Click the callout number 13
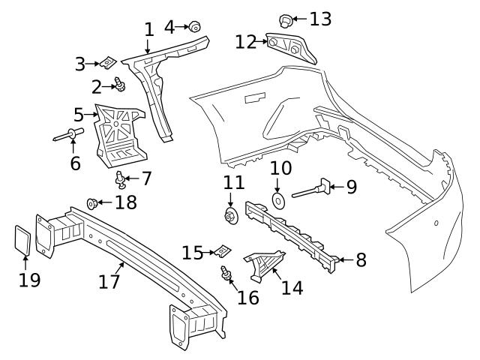tap(320, 19)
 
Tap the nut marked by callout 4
tap(194, 28)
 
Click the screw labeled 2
tap(120, 87)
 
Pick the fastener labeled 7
tap(120, 179)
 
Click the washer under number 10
tap(277, 200)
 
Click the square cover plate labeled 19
tap(23, 240)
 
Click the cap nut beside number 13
tap(285, 19)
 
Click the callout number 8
tap(361, 260)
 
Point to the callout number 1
tap(148, 30)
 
